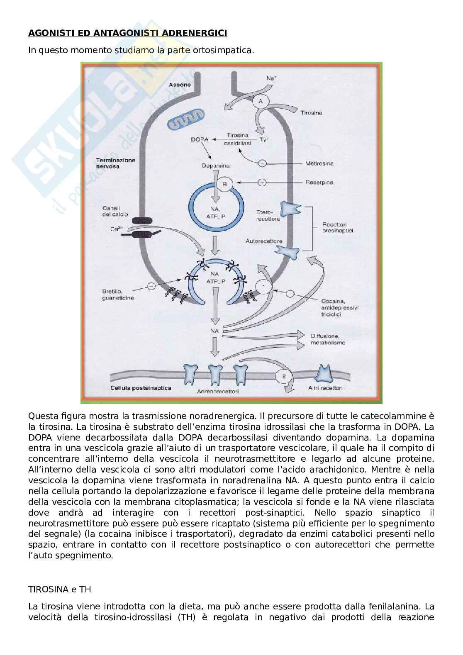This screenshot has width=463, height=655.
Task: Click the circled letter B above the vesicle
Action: click(x=225, y=184)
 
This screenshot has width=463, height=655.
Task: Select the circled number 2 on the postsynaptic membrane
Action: click(x=284, y=376)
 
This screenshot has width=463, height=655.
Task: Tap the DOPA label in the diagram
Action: click(x=199, y=139)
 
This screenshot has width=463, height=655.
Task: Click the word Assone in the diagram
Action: click(x=180, y=85)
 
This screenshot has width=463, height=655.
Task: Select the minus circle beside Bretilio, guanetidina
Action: click(x=151, y=286)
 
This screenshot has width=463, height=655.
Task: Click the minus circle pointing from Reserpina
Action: click(x=262, y=182)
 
